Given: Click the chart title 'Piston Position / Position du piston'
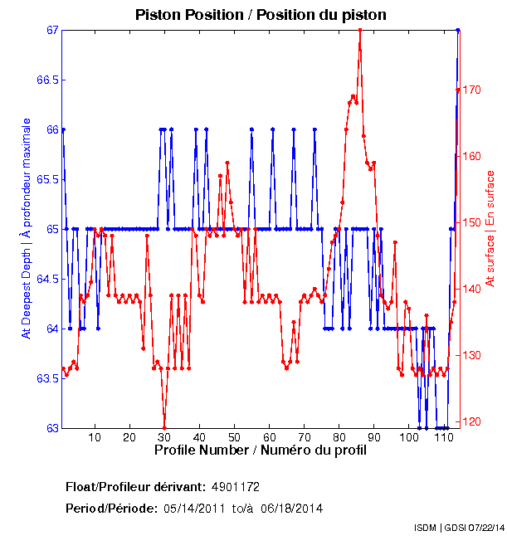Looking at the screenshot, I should tap(261, 15).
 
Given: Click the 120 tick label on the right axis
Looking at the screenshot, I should tap(475, 421).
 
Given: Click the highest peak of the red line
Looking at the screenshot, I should tap(359, 30).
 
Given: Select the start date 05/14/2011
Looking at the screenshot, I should tap(194, 508).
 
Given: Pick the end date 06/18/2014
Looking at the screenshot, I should tap(291, 508).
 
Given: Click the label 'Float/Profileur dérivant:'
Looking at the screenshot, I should tap(134, 486).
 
